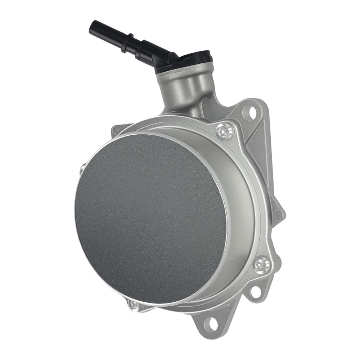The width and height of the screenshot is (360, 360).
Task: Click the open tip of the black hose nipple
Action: (92, 26)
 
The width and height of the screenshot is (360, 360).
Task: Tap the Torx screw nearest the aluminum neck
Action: (225, 131)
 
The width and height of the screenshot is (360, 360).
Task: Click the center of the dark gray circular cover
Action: (151, 220)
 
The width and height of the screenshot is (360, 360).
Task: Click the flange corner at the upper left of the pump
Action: (116, 130)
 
